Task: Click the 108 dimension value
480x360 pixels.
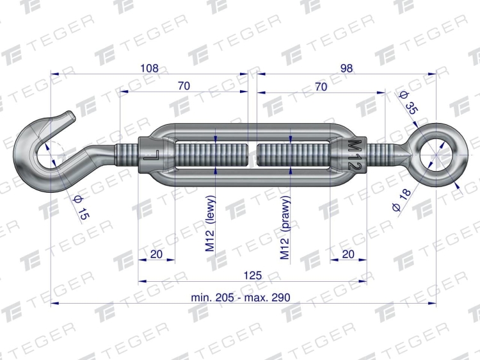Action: point(149,68)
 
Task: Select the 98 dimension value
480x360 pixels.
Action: point(346,68)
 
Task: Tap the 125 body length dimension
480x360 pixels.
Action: point(253,275)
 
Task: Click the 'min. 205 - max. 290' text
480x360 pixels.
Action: point(240,297)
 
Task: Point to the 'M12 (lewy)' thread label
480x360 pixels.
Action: point(211,224)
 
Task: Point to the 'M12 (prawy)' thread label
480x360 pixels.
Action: point(285,227)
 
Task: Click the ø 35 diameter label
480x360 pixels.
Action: point(409,103)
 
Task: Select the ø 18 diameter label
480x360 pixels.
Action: point(401,200)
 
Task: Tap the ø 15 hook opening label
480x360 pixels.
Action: point(81,208)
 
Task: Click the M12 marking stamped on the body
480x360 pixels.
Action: point(355,155)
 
